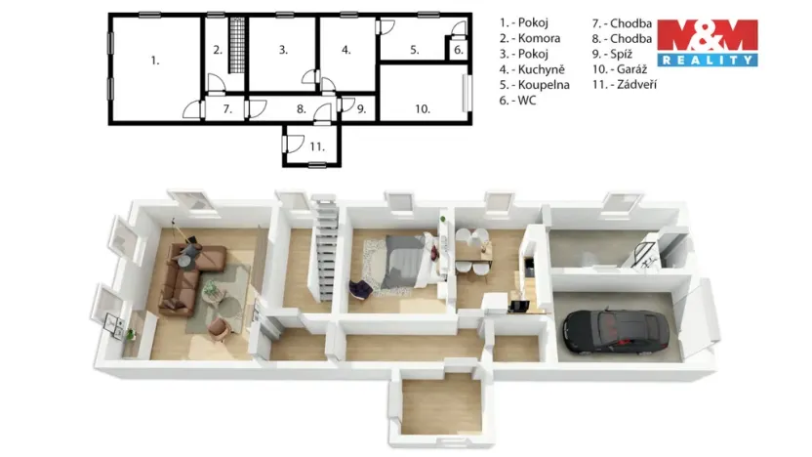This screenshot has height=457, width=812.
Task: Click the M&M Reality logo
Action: coord(707,42)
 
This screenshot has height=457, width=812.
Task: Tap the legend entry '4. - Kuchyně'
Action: coord(532,69)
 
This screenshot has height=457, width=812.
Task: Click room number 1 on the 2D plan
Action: coord(155,61)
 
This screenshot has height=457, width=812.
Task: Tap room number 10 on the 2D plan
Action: coord(422,109)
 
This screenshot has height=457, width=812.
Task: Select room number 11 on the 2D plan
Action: coord(316,146)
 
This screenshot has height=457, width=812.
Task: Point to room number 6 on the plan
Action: coord(459,50)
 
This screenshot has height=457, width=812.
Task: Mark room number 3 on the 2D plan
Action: coord(282,50)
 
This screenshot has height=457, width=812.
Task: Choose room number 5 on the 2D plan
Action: coord(414,50)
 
